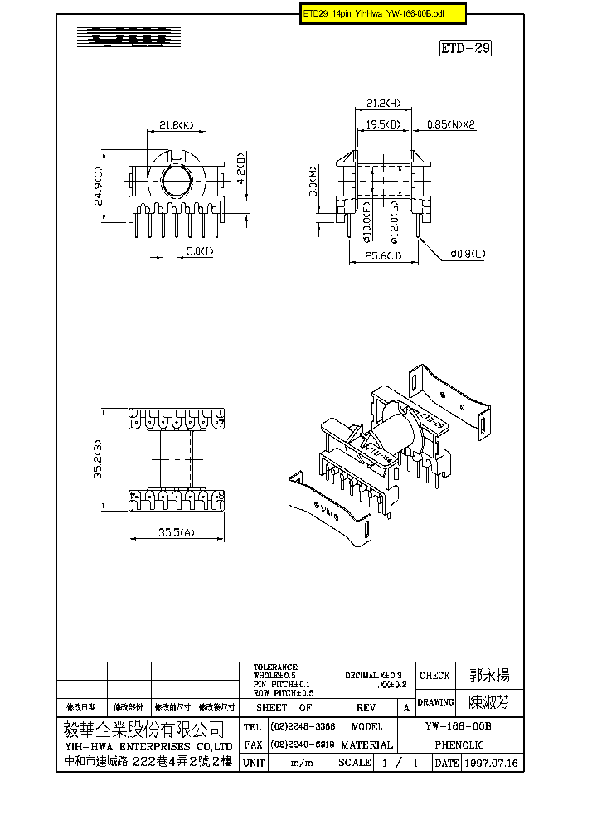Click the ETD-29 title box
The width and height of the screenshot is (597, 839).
[465, 48]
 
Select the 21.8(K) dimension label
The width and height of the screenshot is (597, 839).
[176, 126]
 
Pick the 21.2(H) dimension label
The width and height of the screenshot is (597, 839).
[383, 104]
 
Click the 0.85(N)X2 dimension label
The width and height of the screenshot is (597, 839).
[451, 125]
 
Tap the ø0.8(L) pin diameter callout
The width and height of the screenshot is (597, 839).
[468, 254]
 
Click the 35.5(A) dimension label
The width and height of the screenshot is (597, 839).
[177, 533]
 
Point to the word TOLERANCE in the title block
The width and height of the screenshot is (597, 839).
[276, 667]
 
